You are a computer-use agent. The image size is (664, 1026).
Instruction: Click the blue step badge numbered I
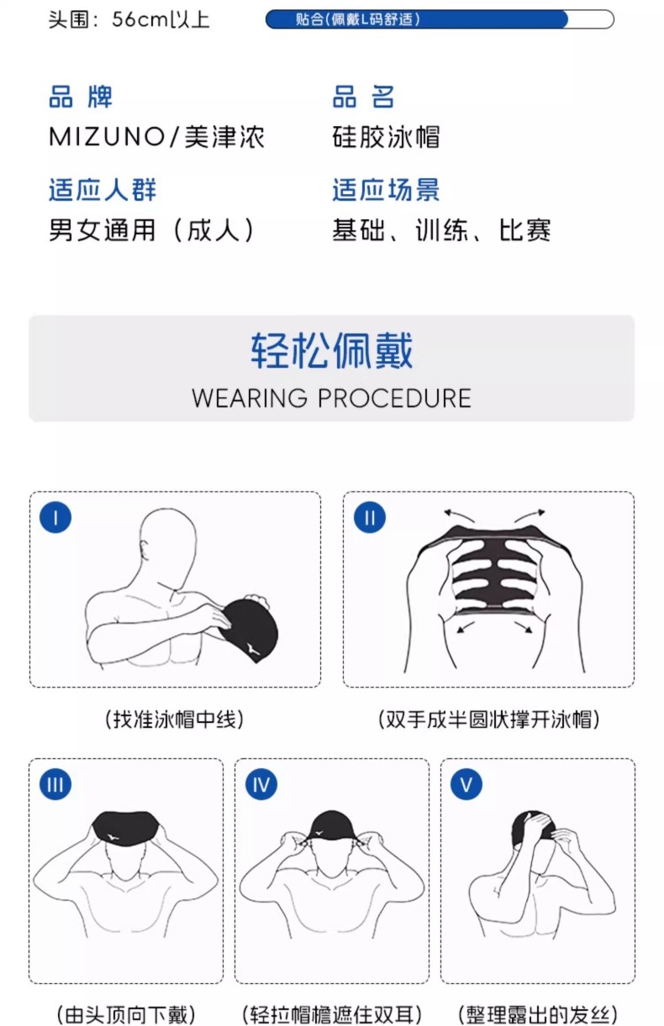coord(55,517)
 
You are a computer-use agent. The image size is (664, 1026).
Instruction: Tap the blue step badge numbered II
coord(370,517)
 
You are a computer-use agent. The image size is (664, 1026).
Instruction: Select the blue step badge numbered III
coord(55,784)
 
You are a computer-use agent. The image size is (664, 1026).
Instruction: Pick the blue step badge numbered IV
coord(261,784)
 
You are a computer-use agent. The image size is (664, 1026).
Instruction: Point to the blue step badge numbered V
coord(466,784)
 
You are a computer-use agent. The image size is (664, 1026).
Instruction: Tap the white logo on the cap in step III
coord(112,837)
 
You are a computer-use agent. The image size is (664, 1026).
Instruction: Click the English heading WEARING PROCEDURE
coord(331,398)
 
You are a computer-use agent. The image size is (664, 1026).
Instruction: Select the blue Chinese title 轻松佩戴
coord(331,350)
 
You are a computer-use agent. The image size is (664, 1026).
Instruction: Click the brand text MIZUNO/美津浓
coord(157,137)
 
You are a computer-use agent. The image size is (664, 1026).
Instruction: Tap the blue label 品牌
coord(81,97)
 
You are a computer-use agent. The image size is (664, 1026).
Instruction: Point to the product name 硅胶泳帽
coord(386,137)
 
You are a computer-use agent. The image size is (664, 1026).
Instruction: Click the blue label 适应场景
coord(386,190)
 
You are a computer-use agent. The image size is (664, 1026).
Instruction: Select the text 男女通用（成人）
coord(152,229)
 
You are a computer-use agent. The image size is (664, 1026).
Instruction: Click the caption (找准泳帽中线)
coord(174,719)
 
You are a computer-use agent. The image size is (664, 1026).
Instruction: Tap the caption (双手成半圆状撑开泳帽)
coord(489,719)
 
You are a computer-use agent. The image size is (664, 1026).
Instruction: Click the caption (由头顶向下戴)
coord(126,1014)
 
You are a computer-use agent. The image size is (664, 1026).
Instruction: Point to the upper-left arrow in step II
coord(459,515)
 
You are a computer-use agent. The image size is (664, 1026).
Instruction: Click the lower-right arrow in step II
coord(524,626)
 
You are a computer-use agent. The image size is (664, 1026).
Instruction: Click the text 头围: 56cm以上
coord(129,19)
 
